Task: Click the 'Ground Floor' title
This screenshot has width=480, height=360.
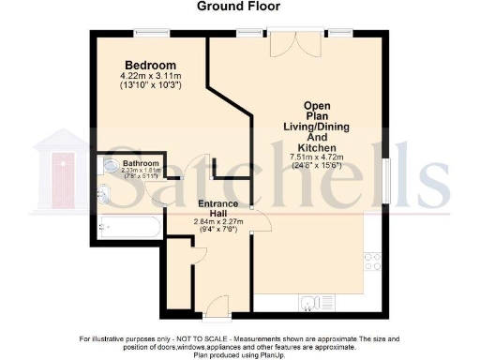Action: tap(240, 7)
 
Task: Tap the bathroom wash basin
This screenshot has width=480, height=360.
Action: tap(104, 168)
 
